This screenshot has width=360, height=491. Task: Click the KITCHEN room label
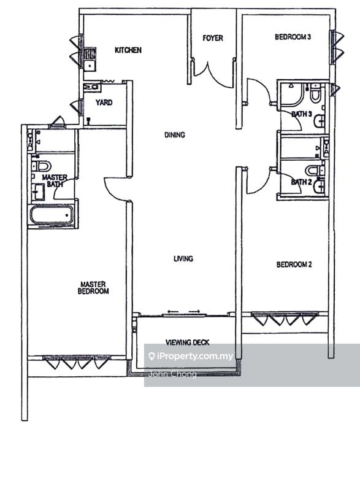click(128, 50)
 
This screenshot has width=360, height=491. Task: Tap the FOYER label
click(213, 38)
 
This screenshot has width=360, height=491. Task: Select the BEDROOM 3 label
click(293, 37)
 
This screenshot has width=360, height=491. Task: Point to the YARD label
click(104, 102)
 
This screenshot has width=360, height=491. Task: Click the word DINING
click(174, 135)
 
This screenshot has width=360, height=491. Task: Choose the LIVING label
click(183, 258)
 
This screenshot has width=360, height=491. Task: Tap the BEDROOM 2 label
click(294, 265)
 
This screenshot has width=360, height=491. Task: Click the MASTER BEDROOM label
click(94, 288)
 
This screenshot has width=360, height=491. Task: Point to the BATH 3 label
click(301, 114)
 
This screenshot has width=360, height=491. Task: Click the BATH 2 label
click(301, 182)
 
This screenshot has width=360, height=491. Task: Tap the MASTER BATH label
click(54, 181)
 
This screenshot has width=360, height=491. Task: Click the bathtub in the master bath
click(52, 215)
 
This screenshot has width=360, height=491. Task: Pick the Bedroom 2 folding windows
click(285, 319)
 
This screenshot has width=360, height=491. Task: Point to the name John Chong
click(171, 374)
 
